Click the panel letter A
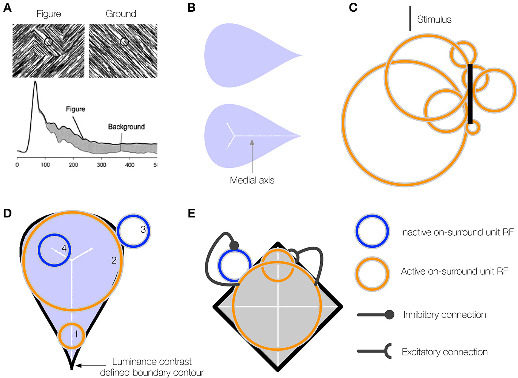[x=7, y=8]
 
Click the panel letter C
[x=353, y=8]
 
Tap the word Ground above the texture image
[x=121, y=14]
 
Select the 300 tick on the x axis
[x=102, y=165]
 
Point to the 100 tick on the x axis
[x=45, y=165]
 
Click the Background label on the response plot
[x=126, y=127]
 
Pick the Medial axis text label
[x=252, y=180]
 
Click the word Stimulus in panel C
[x=434, y=20]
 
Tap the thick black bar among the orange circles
[x=470, y=94]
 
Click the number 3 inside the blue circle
[x=143, y=229]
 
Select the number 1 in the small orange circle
[x=76, y=334]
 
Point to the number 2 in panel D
[x=114, y=260]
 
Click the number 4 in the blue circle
[x=64, y=248]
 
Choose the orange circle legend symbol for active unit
[x=372, y=271]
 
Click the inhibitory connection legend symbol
[x=375, y=315]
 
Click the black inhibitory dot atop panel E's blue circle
[x=234, y=245]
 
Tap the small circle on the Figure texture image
[x=49, y=42]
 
